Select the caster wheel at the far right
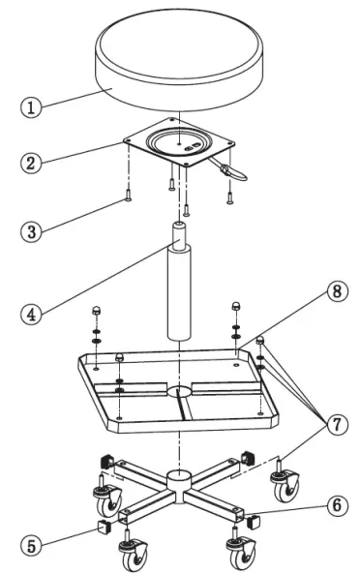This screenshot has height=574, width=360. pos(285,491)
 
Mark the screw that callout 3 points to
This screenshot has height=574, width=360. pos(127,198)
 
